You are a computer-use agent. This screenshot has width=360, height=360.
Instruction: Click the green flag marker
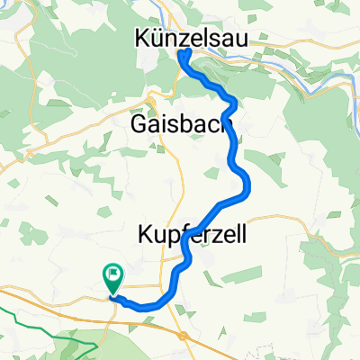tap(114, 274)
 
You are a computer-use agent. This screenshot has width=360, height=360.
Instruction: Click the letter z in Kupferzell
tap(213, 236)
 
